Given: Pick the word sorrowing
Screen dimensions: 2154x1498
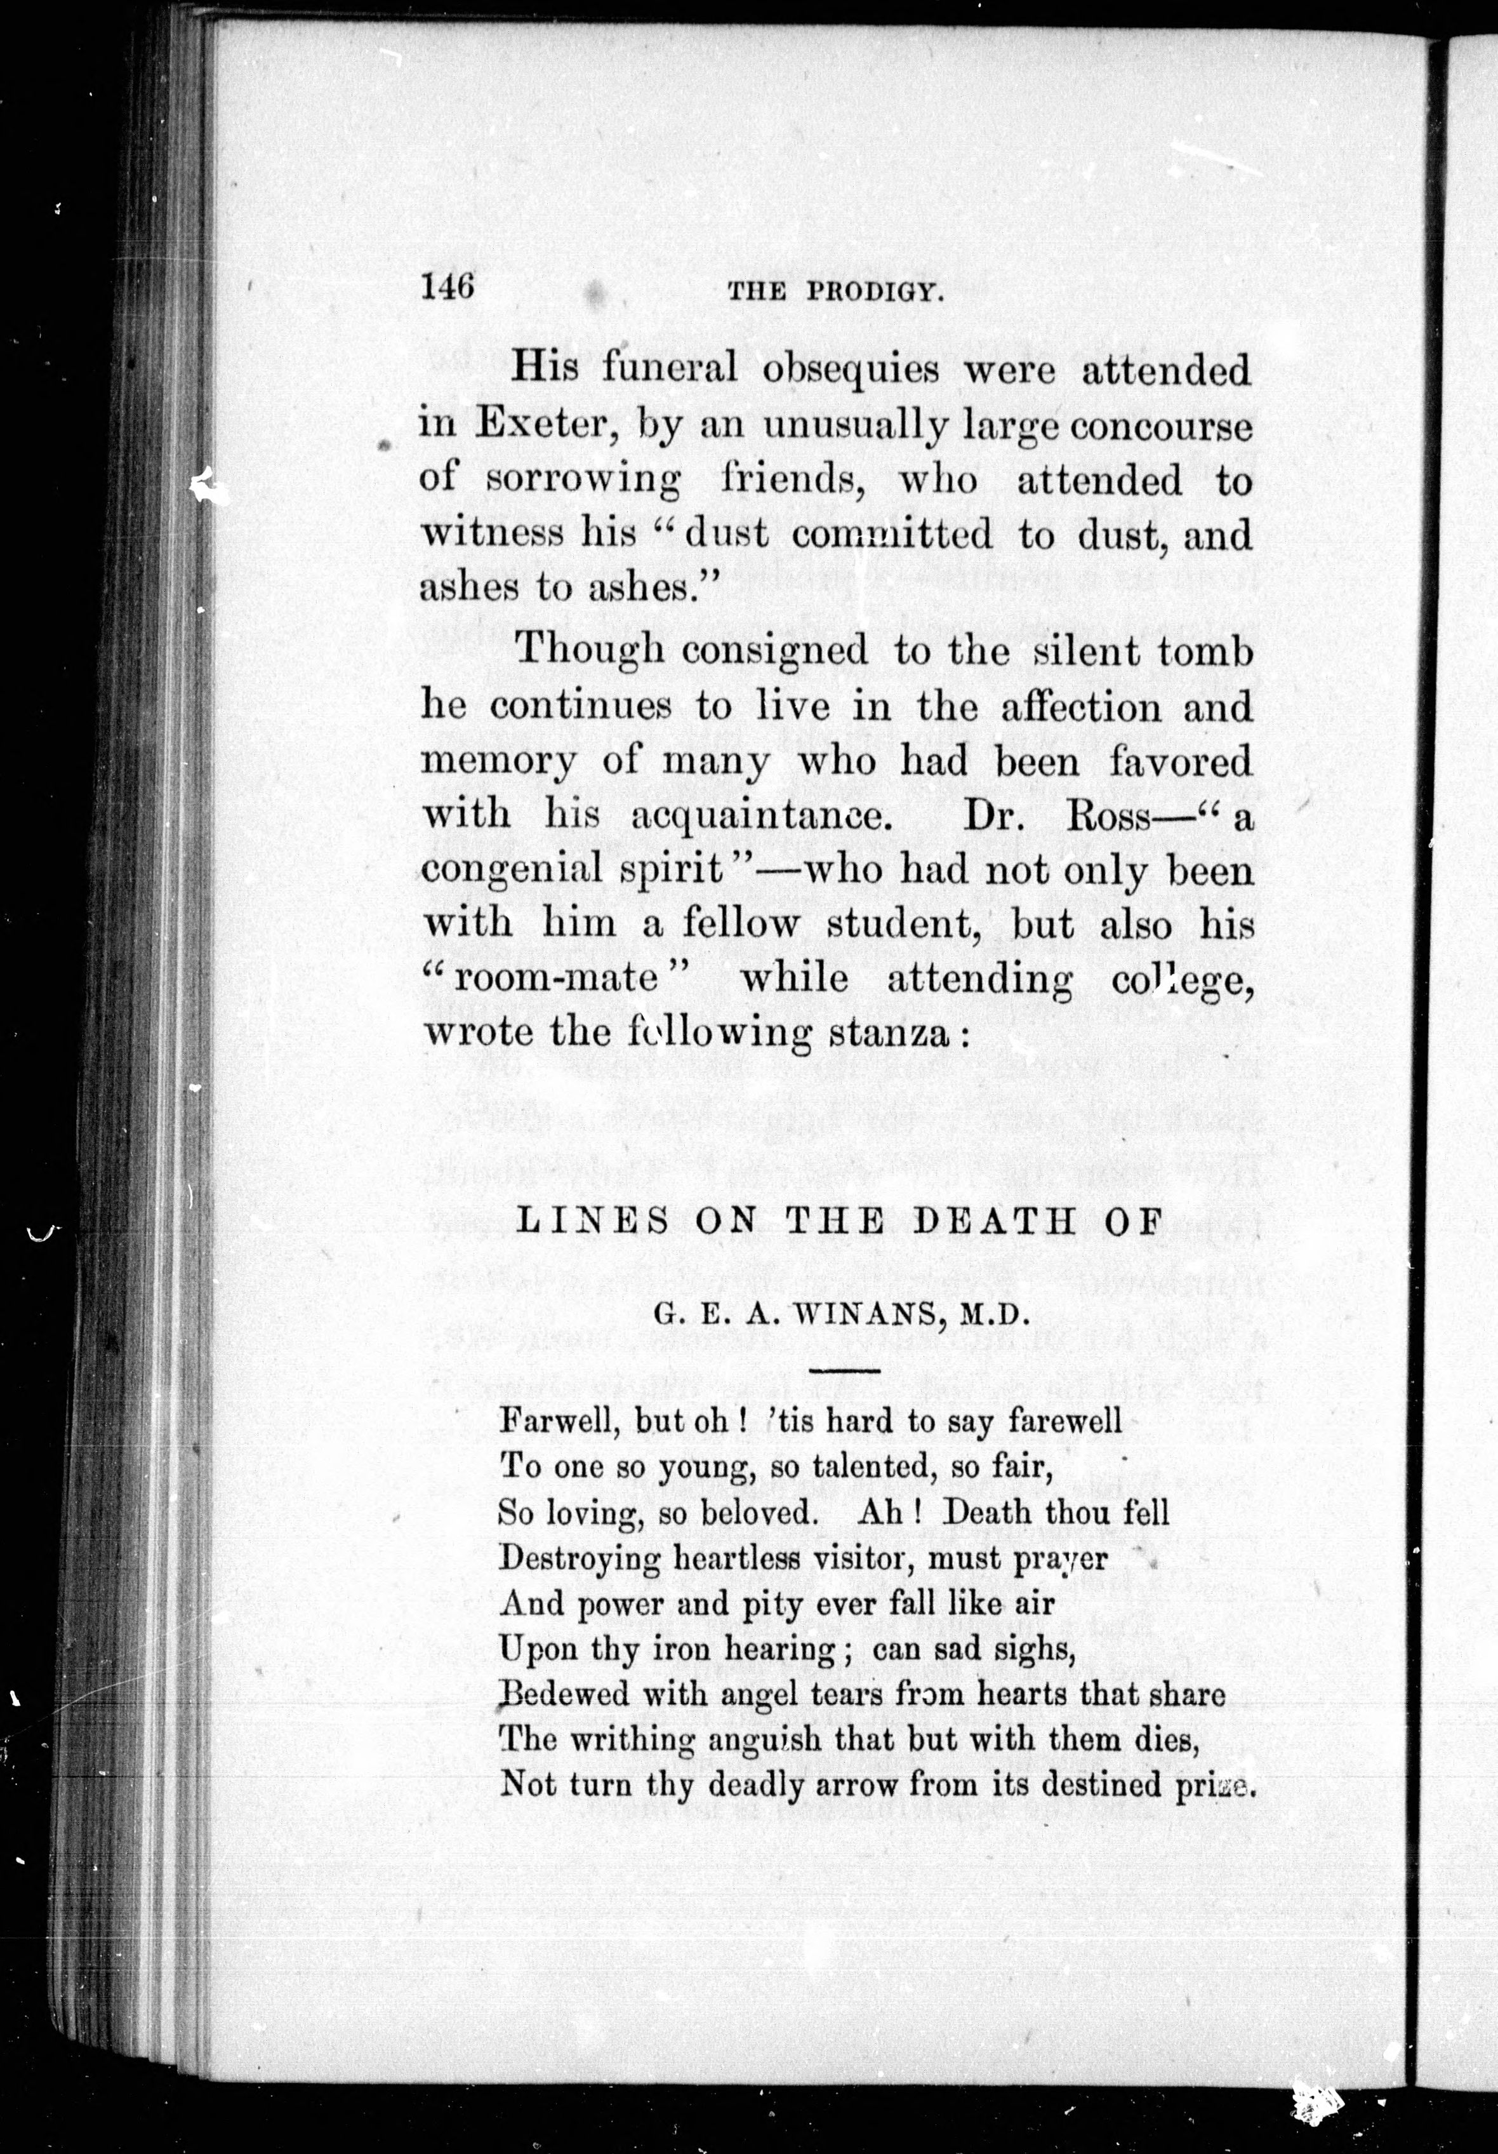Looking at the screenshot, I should (585, 481).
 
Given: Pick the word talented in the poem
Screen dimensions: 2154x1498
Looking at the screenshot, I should (864, 1466).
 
